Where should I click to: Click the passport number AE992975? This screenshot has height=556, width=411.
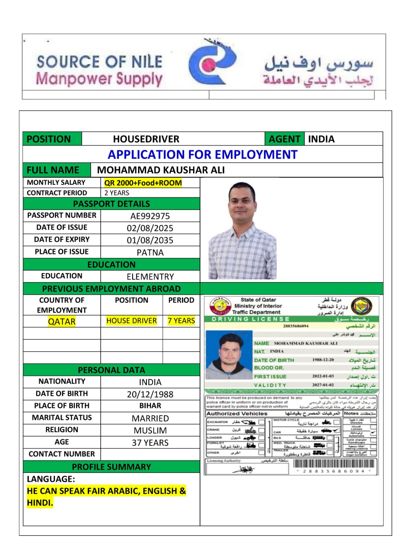(150, 216)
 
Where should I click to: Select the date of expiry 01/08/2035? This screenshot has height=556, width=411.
(150, 240)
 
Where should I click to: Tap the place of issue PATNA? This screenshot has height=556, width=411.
(150, 252)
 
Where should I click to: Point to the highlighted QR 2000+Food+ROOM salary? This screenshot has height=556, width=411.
(143, 183)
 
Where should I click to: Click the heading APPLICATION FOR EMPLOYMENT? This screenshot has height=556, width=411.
(202, 154)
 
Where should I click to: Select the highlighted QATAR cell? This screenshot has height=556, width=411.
(62, 321)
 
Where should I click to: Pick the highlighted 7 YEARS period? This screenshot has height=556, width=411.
(181, 321)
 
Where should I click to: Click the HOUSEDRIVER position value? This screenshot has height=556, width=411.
(146, 139)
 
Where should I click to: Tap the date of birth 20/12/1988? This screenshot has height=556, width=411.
(150, 394)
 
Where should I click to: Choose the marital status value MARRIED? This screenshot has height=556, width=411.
(150, 418)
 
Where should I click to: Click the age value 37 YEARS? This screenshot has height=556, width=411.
(150, 443)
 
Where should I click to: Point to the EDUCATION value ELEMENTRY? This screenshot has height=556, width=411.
(150, 277)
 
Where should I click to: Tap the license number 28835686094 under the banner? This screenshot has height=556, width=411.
(296, 326)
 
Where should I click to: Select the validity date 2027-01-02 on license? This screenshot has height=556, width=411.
(323, 385)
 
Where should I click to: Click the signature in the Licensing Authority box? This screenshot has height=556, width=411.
(244, 469)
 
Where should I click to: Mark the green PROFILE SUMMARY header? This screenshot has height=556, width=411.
(111, 467)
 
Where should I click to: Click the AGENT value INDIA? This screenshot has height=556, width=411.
(321, 139)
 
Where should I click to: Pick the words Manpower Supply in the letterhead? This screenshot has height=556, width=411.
(99, 79)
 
